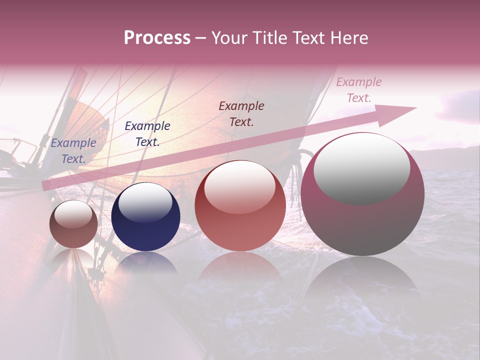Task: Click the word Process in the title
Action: point(157,38)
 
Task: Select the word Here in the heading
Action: point(349,38)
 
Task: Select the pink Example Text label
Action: point(358,90)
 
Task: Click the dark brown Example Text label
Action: point(241,113)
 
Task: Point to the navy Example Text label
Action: point(147,133)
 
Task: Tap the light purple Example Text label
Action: point(73,150)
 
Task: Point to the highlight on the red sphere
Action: point(239,186)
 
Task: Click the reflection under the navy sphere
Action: point(145,262)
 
